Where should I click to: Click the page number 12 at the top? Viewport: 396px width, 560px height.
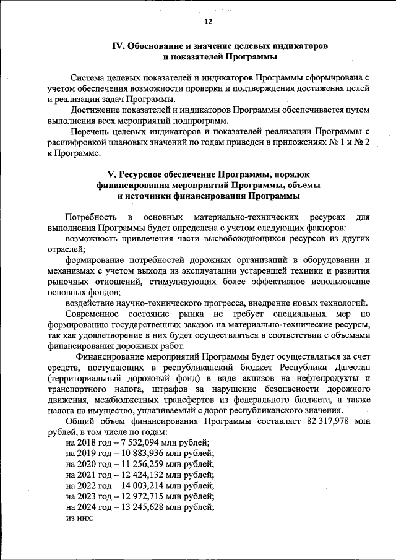point(208,22)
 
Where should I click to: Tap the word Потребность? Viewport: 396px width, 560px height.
point(90,217)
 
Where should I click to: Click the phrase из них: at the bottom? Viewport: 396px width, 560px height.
point(79,518)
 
